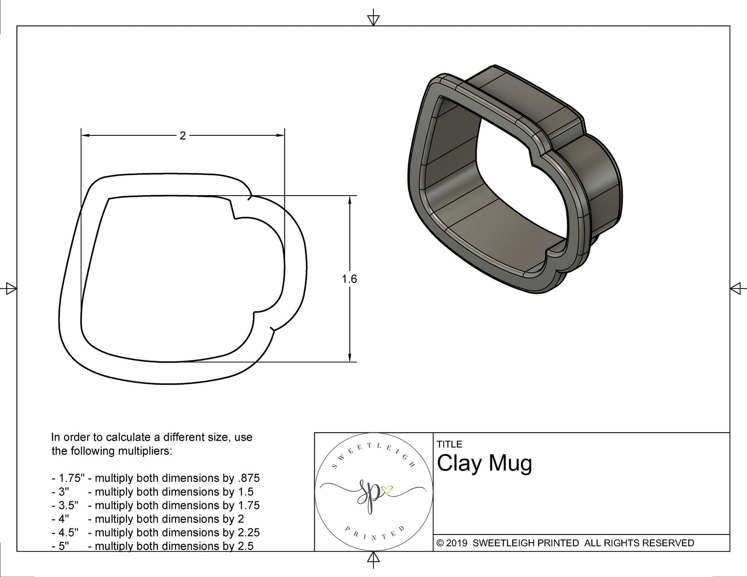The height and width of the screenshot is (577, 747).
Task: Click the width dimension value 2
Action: click(x=183, y=136)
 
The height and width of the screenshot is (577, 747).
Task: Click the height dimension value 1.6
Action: click(x=349, y=279)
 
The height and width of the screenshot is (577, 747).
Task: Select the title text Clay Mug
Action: click(x=484, y=464)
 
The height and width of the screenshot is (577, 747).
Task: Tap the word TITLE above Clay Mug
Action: click(x=449, y=444)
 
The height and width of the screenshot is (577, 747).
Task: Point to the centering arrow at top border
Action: click(x=373, y=20)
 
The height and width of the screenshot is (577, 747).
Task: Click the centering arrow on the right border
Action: click(x=736, y=288)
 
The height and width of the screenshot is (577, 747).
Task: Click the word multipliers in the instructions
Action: click(x=144, y=451)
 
